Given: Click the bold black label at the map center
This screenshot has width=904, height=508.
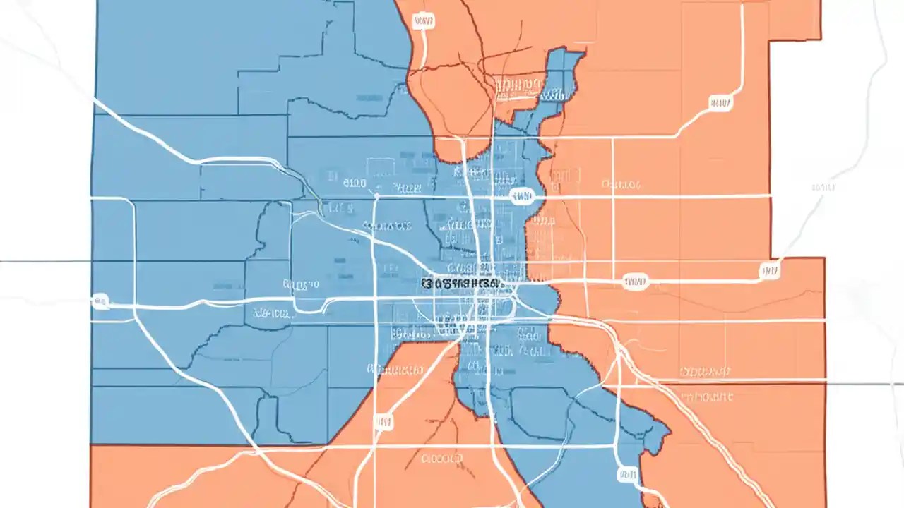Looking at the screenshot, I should point(462,283).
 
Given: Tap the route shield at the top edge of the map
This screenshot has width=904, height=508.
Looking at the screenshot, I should point(424,22).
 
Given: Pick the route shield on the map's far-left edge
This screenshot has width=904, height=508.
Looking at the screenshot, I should point(100,302).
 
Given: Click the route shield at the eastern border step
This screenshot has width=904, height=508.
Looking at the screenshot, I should point(769,270).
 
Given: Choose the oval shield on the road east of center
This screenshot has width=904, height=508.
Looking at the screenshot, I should point(635,282).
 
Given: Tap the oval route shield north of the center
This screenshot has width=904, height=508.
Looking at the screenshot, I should point(523,195).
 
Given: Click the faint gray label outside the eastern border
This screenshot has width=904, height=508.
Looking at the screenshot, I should point(823,188).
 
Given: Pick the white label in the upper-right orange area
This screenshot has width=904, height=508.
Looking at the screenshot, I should point(621,185).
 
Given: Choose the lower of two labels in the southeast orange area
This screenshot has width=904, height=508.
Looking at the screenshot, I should point(706,397).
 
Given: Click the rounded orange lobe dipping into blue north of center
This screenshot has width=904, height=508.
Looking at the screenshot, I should point(459,148).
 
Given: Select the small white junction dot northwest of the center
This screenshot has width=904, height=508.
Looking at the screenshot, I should point(378,195).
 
